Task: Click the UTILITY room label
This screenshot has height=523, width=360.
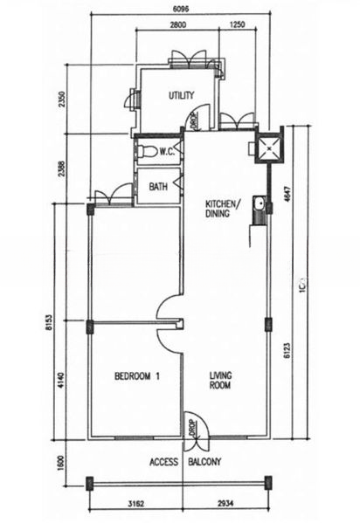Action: pos(181,96)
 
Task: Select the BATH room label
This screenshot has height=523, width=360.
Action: pos(158,186)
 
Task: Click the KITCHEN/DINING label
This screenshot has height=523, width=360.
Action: pos(219,206)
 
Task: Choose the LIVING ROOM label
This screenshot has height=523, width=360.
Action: pos(220,382)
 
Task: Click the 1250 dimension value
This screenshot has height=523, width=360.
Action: pos(236,25)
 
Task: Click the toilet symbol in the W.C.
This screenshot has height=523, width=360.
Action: pos(153,152)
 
